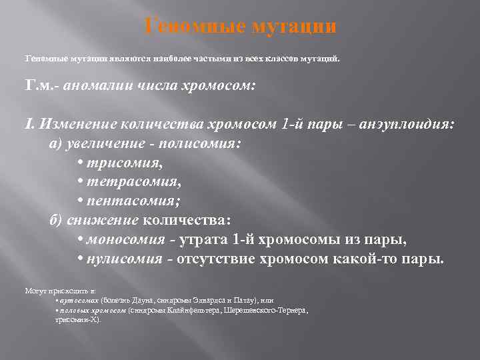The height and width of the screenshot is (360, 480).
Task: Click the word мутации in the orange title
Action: click(x=296, y=27)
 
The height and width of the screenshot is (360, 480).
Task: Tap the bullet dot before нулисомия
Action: click(x=80, y=259)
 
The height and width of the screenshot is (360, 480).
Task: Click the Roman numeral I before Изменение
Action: click(x=27, y=124)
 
